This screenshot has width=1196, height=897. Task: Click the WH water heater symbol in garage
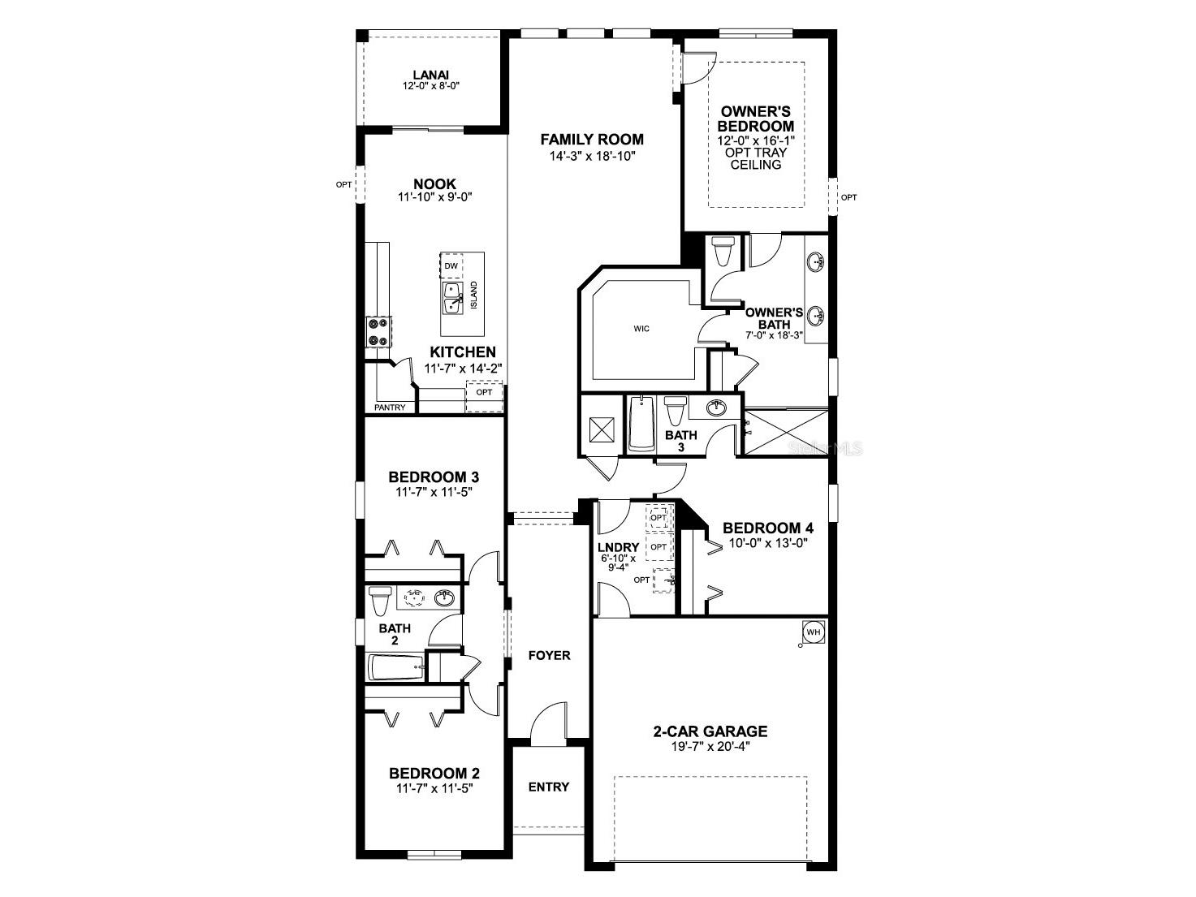pyautogui.click(x=813, y=631)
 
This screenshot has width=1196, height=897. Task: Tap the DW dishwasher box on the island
pyautogui.click(x=451, y=266)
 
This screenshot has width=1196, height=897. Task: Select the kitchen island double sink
pyautogui.click(x=451, y=298)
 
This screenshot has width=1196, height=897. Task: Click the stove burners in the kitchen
pyautogui.click(x=378, y=332)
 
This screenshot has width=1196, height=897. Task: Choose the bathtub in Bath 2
pyautogui.click(x=396, y=668)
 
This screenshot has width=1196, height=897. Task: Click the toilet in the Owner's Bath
pyautogui.click(x=721, y=252)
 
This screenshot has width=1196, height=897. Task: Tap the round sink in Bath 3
pyautogui.click(x=716, y=408)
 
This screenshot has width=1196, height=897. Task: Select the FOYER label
pyautogui.click(x=549, y=655)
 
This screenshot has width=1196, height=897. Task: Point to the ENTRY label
pyautogui.click(x=549, y=787)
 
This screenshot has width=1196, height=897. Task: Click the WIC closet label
pyautogui.click(x=641, y=329)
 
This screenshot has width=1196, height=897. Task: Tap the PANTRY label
pyautogui.click(x=390, y=408)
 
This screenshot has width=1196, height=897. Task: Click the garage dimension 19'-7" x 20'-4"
pyautogui.click(x=710, y=747)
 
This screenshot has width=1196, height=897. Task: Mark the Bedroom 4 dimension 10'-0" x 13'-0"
pyautogui.click(x=767, y=542)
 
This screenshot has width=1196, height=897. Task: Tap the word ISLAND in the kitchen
pyautogui.click(x=474, y=295)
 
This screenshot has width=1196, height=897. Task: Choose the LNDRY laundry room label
pyautogui.click(x=618, y=548)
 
